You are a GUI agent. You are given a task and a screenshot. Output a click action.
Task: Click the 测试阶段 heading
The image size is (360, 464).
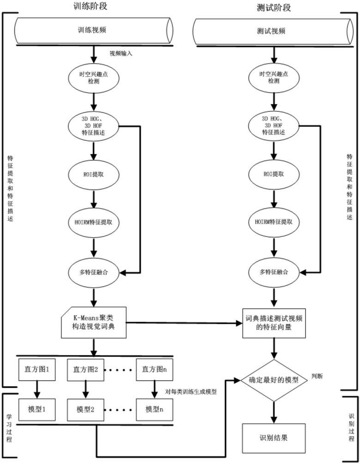tap(276, 8)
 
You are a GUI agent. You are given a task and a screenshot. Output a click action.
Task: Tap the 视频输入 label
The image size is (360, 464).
tap(121, 54)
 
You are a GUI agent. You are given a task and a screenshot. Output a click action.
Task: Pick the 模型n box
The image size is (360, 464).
tap(154, 409)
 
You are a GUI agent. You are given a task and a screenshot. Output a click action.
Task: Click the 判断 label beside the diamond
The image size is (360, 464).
tap(317, 376)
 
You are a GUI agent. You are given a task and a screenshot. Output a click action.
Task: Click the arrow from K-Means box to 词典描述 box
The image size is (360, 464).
tap(185, 323)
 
